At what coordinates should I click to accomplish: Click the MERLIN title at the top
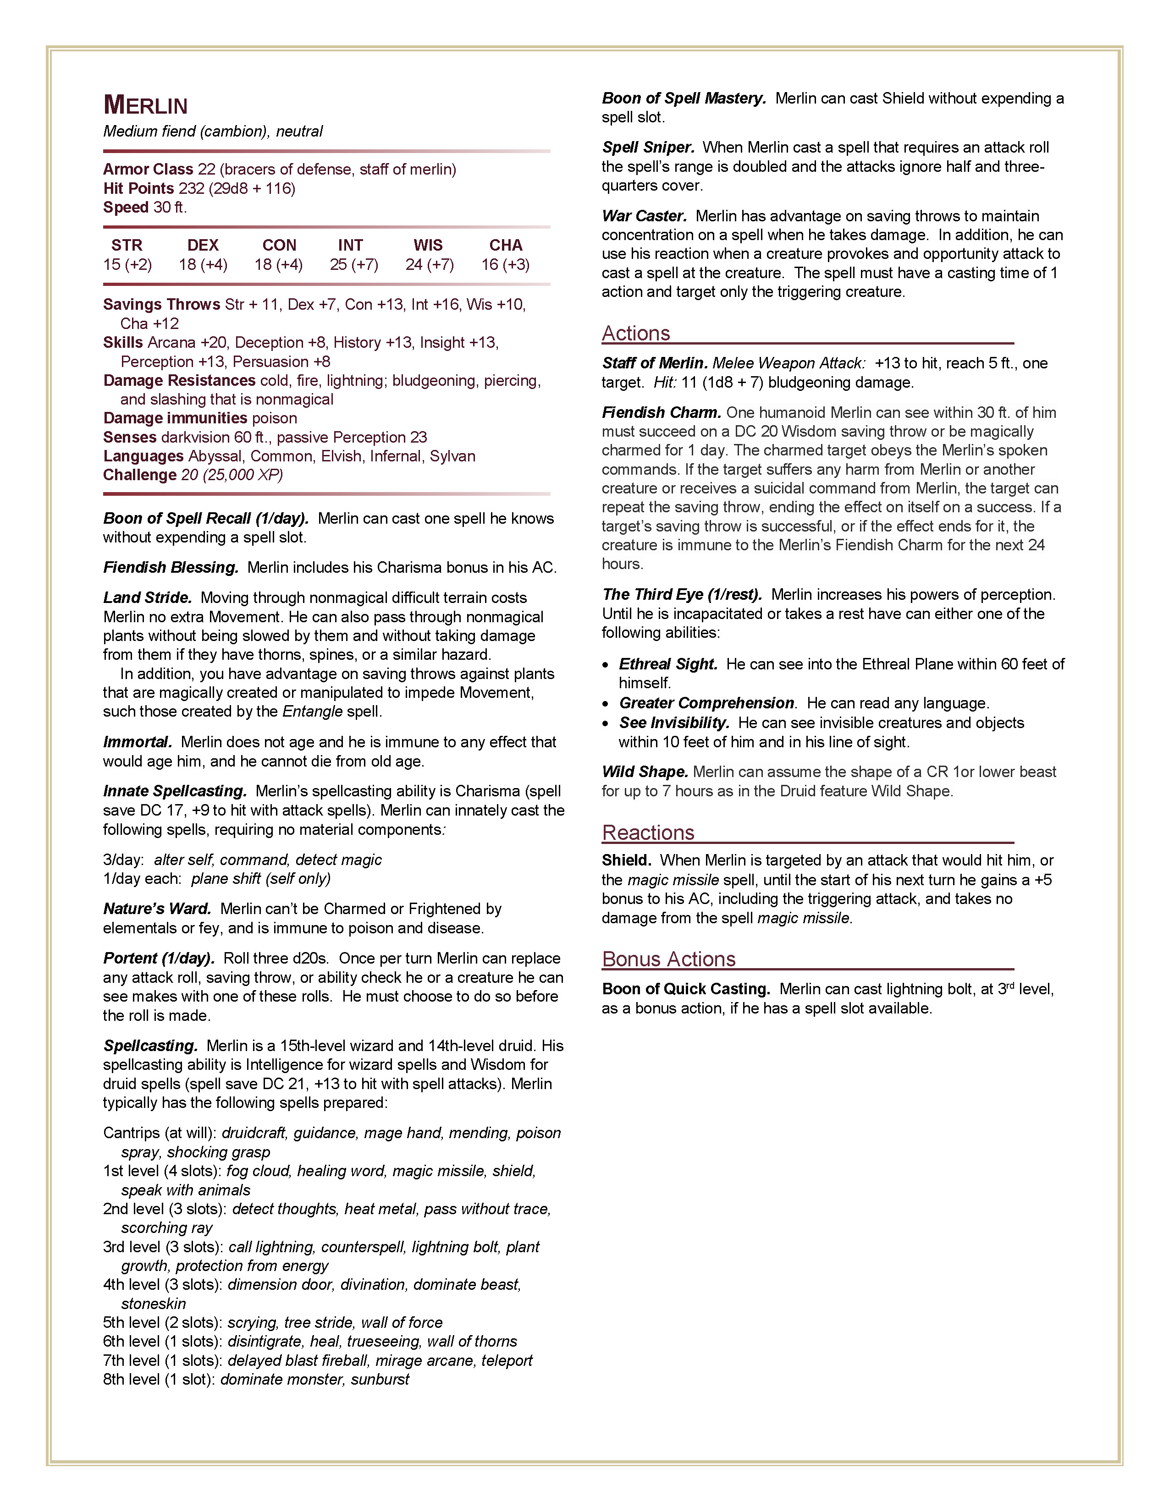coord(145,106)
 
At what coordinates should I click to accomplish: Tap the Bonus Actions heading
coord(668,959)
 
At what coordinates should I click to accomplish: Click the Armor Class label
coord(148,170)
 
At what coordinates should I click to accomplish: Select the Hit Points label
coord(138,188)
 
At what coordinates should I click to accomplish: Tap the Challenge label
coord(140,475)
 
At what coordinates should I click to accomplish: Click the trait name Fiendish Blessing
coord(171,568)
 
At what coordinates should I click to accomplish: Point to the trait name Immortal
coord(137,742)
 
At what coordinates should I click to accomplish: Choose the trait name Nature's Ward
coord(157,909)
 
